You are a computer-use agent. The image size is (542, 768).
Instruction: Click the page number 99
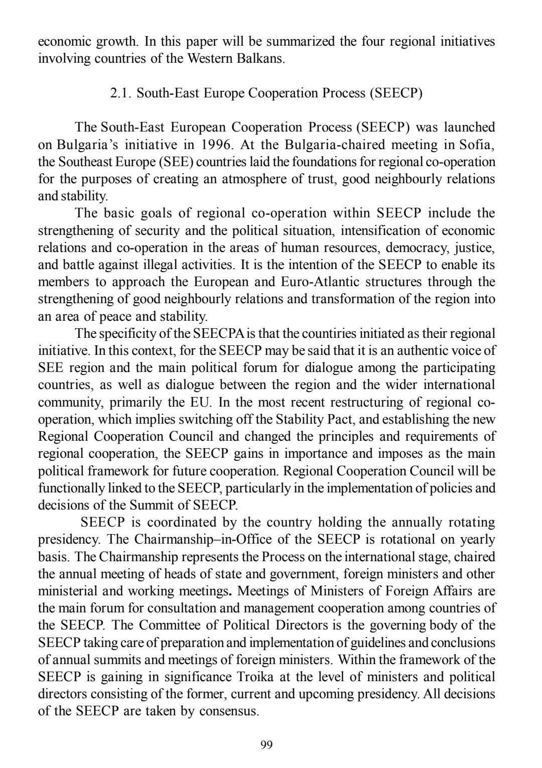click(x=267, y=744)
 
